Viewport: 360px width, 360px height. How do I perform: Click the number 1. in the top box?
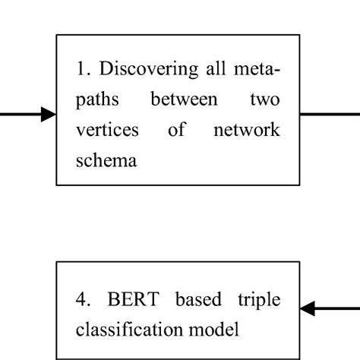tap(84, 71)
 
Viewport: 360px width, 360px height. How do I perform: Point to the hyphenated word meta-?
tap(256, 71)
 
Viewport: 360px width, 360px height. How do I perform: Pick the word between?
tap(178, 100)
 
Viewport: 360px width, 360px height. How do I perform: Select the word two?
tap(262, 100)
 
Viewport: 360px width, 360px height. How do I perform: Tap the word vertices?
tap(107, 130)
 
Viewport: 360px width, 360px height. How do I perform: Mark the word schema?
tap(106, 159)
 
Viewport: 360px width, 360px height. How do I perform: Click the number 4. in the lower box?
tap(84, 300)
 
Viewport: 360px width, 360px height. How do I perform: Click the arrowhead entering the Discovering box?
tap(48, 115)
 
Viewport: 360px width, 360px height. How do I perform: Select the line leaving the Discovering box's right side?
tap(330, 115)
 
